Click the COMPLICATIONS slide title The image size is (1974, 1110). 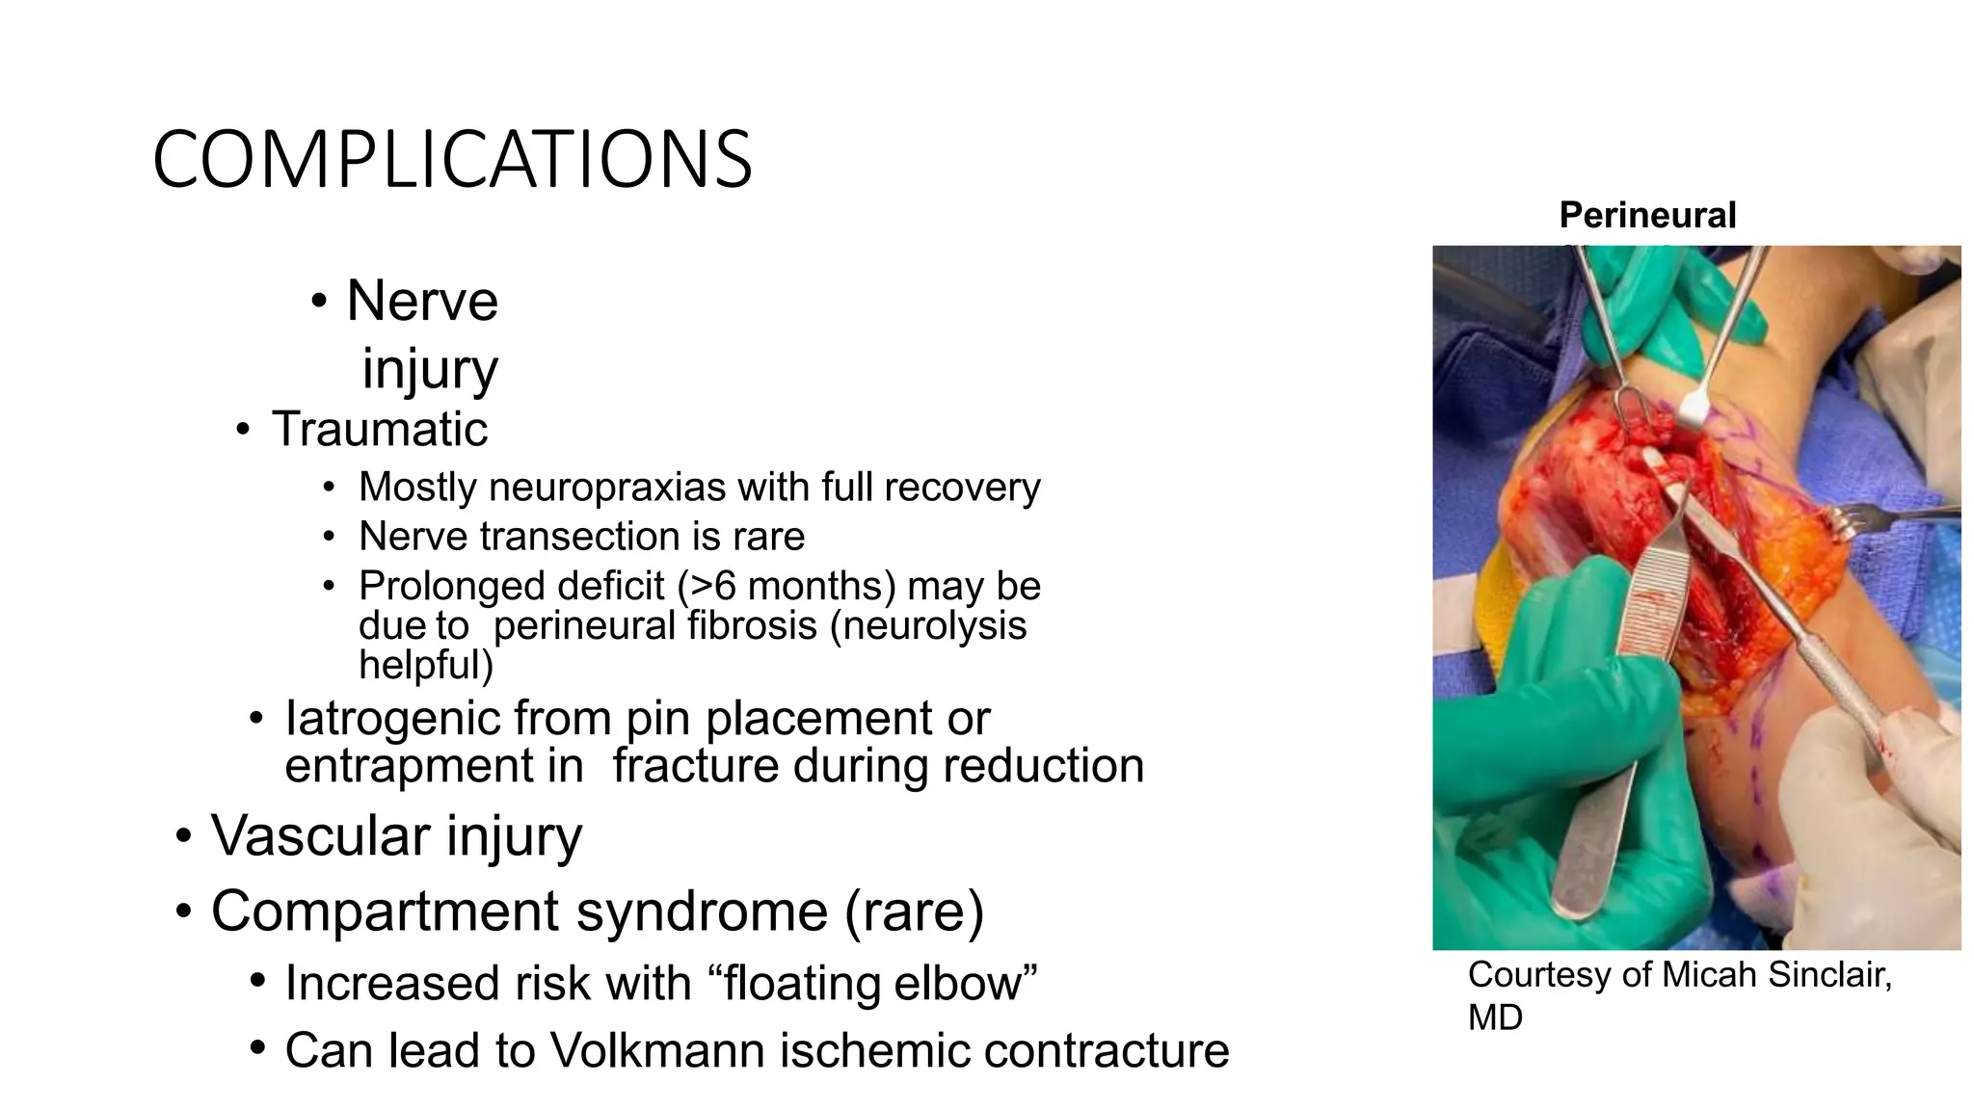click(x=451, y=160)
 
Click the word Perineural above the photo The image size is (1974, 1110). click(x=1646, y=215)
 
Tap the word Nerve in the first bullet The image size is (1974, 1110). click(x=421, y=301)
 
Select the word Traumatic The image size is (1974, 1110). click(x=379, y=429)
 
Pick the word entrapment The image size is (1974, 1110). click(x=434, y=767)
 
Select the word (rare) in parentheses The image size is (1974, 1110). click(x=914, y=912)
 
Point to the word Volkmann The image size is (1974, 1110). click(x=657, y=1051)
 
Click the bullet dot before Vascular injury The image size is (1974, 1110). click(x=183, y=836)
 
